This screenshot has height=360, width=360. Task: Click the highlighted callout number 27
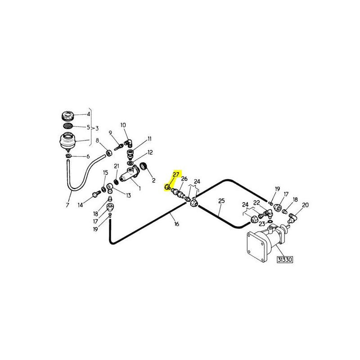click(175, 175)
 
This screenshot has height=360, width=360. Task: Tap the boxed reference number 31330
click(285, 260)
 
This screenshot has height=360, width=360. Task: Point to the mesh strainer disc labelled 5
click(68, 126)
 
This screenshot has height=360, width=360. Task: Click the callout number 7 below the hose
click(67, 205)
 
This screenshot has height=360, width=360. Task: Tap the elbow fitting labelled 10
click(128, 144)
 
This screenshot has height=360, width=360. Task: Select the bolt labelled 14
click(95, 195)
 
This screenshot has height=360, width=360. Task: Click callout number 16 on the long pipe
click(176, 224)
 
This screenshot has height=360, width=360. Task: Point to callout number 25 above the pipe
click(221, 201)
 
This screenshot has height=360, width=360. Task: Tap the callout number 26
click(184, 179)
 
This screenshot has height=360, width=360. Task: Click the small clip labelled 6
click(68, 156)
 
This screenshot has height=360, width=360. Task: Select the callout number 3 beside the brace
click(97, 128)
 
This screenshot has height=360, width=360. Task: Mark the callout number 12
click(150, 153)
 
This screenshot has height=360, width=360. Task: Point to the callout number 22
click(256, 203)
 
